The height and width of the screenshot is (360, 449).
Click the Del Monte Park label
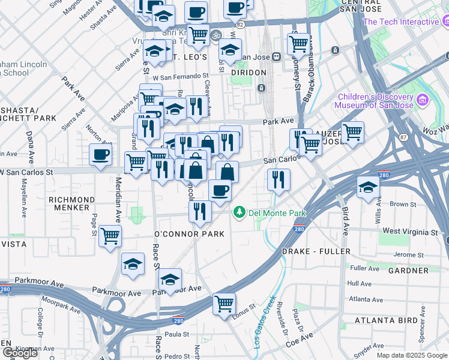(278, 213)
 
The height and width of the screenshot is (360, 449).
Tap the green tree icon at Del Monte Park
(240, 212)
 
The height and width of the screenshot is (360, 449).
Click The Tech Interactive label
(401, 22)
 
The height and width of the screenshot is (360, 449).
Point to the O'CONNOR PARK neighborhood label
(189, 234)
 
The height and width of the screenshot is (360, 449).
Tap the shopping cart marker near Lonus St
(224, 303)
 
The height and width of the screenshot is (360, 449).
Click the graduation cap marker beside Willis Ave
(368, 187)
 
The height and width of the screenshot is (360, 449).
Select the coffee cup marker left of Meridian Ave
(101, 154)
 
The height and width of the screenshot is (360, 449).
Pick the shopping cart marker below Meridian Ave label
(110, 236)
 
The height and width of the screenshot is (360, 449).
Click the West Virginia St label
(410, 232)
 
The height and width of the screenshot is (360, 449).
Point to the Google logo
(19, 353)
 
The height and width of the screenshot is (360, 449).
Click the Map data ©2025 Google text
(412, 355)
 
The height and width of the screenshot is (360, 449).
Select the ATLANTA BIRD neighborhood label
(386, 320)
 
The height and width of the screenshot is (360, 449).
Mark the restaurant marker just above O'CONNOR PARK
(200, 211)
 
